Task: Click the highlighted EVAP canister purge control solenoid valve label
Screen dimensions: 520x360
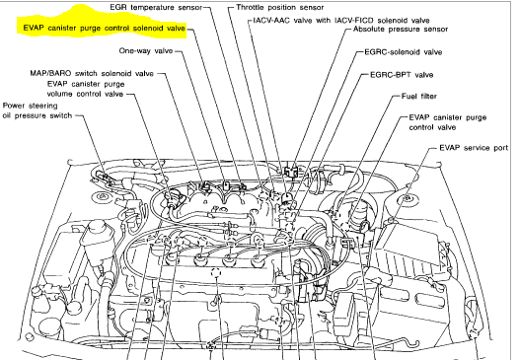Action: coord(105,29)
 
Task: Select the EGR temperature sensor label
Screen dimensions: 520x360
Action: coord(156,7)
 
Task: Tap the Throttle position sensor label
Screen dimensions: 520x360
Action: coord(280,7)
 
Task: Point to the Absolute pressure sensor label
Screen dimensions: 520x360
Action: coord(401,30)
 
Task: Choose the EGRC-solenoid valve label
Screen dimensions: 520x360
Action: coord(403,52)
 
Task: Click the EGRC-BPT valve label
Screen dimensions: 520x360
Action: coord(402,75)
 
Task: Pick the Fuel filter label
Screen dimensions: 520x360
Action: coord(418,96)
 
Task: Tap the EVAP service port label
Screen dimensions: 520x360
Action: coord(474,148)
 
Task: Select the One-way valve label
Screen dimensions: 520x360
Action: coord(146,50)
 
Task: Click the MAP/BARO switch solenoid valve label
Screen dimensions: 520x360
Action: coord(92,73)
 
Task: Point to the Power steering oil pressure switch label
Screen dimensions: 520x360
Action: coord(37,110)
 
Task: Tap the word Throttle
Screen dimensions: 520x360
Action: coord(250,7)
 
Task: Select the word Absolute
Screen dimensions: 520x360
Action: coord(369,30)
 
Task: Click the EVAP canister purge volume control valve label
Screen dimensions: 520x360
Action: coord(86,89)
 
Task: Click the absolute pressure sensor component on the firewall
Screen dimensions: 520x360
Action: coord(291,172)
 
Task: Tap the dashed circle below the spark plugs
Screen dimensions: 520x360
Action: coord(216,272)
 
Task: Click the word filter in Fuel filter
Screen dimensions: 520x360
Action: coord(428,96)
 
